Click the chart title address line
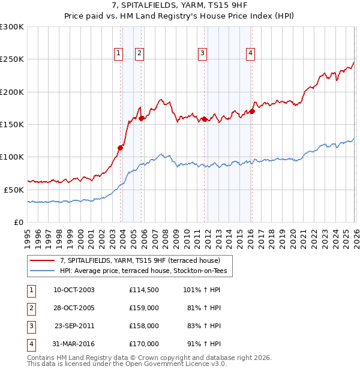click(x=179, y=5)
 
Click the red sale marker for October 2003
click(x=121, y=147)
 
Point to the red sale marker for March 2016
click(x=253, y=111)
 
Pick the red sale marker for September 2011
click(x=205, y=119)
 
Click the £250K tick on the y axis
click(x=12, y=59)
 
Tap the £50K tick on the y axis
click(x=14, y=190)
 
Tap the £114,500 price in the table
click(x=143, y=290)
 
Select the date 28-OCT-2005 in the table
click(x=74, y=308)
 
